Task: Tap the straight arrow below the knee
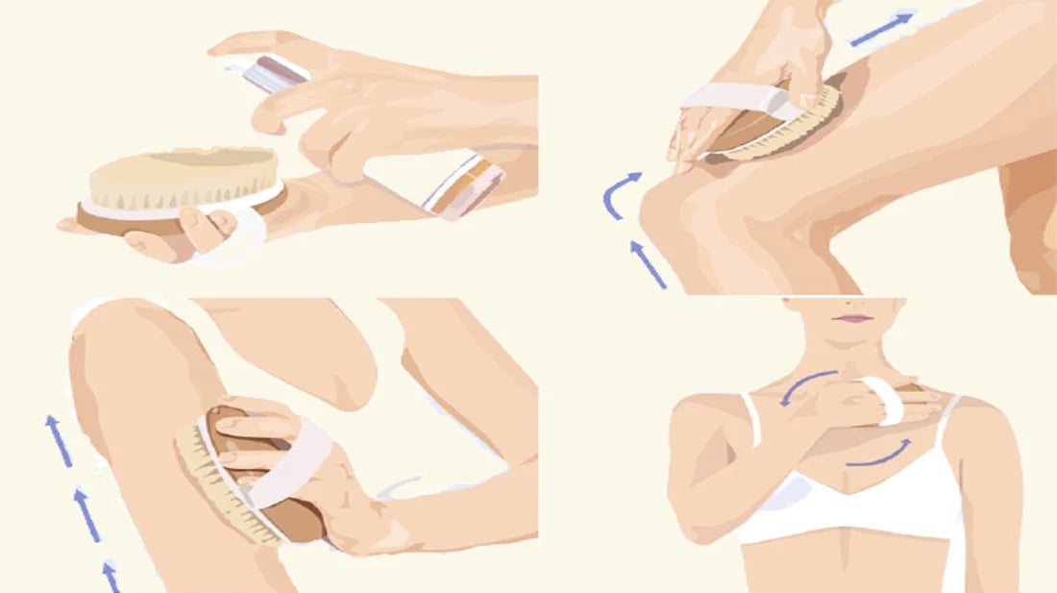(x=648, y=264)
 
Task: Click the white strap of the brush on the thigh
(x=735, y=96)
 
